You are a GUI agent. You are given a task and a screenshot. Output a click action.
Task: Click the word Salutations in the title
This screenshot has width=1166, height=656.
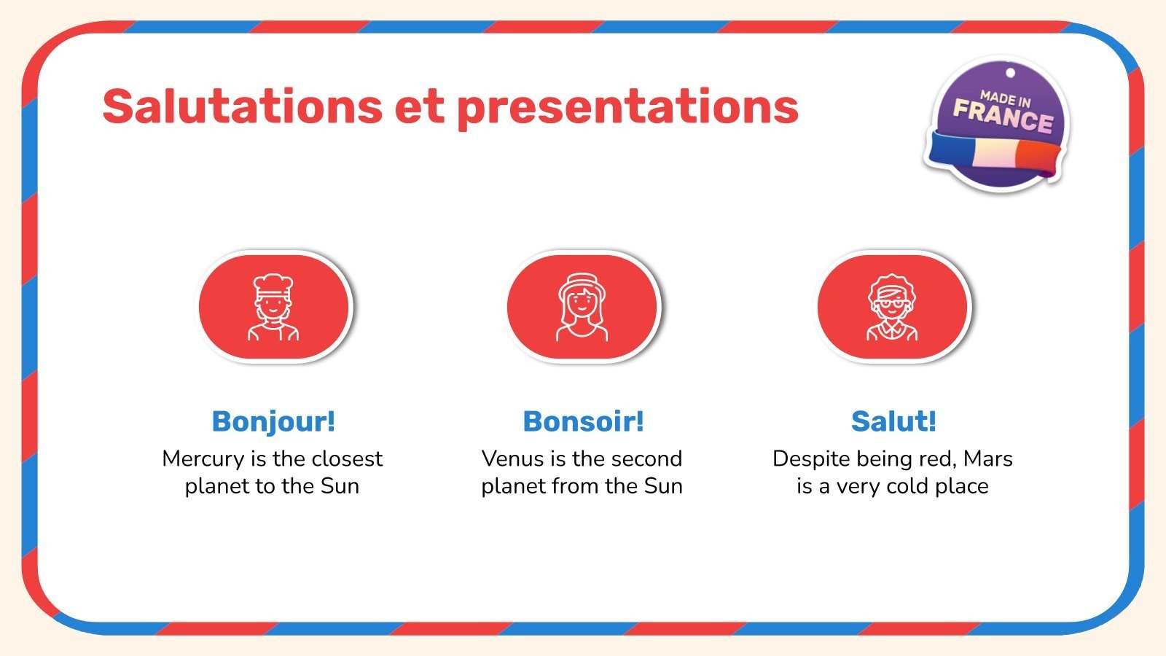pos(243,106)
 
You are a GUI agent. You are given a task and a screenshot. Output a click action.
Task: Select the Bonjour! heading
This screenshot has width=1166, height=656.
pos(273,421)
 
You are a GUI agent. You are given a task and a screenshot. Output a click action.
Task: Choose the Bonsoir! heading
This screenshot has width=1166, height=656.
pos(583,421)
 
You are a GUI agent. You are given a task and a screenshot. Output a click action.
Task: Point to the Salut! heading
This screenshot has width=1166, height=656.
pos(893,421)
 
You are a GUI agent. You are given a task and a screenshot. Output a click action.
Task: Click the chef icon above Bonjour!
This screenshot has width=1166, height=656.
pos(273,307)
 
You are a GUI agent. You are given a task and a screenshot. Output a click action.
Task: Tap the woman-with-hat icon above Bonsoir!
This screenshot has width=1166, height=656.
pos(582,307)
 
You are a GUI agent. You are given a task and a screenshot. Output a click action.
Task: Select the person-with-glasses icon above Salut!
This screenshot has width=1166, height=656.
pos(892,307)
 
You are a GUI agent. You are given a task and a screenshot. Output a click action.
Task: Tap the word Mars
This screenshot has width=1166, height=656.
pos(988,458)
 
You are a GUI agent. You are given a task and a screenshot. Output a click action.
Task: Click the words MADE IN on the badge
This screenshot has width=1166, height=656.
pos(1005,99)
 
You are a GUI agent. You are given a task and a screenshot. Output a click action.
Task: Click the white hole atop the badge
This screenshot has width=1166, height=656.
pos(1010,73)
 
